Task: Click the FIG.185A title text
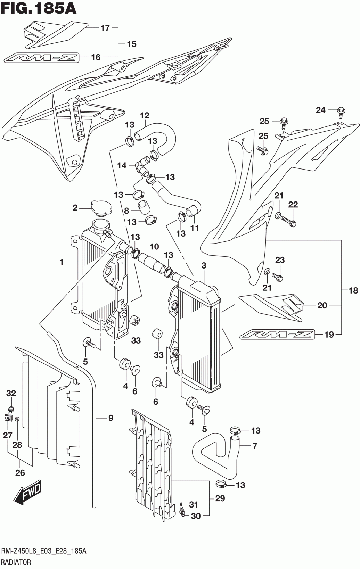click(38, 8)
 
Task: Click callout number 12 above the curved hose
click(145, 116)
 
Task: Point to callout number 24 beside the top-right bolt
click(321, 110)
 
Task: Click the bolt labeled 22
click(289, 221)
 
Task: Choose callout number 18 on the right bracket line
click(353, 290)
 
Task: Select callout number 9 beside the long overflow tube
click(111, 418)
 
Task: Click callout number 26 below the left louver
click(20, 473)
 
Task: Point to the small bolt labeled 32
click(11, 410)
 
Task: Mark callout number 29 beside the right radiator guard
click(220, 498)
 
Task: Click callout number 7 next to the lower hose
click(255, 446)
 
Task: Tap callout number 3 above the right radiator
click(204, 266)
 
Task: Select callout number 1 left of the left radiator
click(61, 262)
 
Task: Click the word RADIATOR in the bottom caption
click(16, 562)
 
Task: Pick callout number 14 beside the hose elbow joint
click(122, 166)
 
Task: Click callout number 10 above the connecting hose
click(154, 246)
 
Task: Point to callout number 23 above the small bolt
click(280, 260)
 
